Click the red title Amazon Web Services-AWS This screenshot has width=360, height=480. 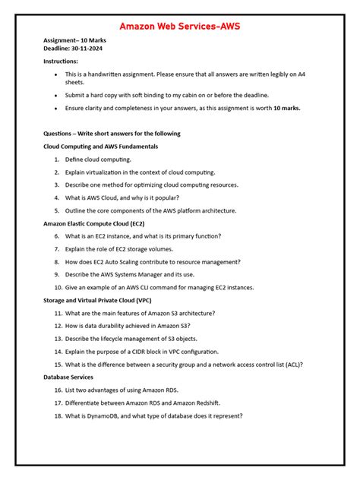(179, 26)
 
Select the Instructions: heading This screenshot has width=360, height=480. (61, 60)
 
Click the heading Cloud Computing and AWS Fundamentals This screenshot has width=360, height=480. (101, 145)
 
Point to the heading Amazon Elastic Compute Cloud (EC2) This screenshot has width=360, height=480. (94, 224)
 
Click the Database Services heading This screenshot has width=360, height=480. (68, 377)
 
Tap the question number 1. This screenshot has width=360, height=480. (57, 159)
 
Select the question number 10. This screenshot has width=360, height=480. (58, 288)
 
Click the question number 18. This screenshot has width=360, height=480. (58, 415)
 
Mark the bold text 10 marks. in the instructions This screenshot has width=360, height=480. (285, 109)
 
